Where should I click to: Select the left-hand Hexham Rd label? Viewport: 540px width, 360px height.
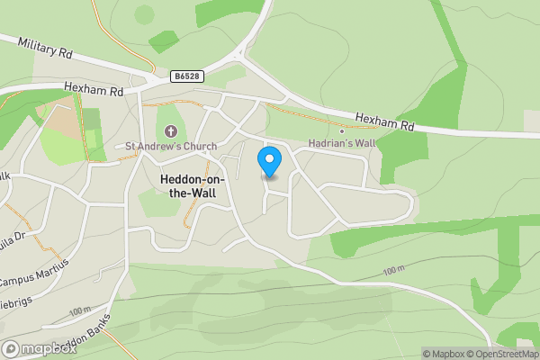(x=94, y=89)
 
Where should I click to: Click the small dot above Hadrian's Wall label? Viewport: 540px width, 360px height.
(x=341, y=131)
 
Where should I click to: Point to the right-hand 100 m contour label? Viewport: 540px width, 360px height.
(x=394, y=271)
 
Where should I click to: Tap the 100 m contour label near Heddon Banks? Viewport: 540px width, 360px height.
(x=80, y=310)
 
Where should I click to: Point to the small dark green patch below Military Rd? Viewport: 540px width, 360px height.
(x=164, y=40)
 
